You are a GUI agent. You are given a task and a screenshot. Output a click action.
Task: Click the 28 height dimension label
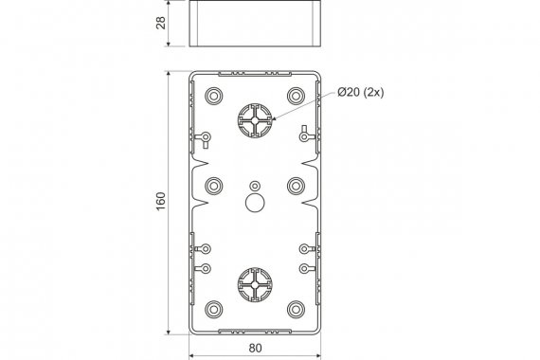click(161, 23)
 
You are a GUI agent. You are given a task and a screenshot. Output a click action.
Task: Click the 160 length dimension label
click(161, 202)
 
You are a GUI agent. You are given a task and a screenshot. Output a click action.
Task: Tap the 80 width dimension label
click(255, 348)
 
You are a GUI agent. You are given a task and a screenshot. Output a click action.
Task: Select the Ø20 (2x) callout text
click(361, 92)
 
